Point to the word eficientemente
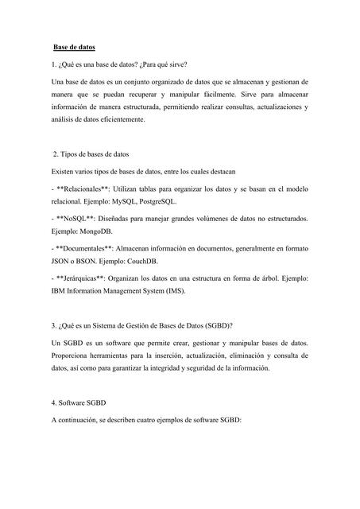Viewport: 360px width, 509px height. coord(120,119)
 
